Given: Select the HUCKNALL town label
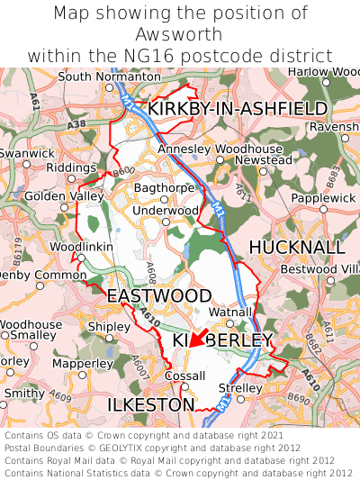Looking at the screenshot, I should pyautogui.click(x=296, y=247).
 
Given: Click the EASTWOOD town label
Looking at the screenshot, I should pyautogui.click(x=159, y=296).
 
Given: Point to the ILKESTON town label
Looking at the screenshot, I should pyautogui.click(x=150, y=406).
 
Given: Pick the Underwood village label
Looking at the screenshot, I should pyautogui.click(x=166, y=211).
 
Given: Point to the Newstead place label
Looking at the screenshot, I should pyautogui.click(x=270, y=160).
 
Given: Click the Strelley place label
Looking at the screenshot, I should pyautogui.click(x=240, y=388).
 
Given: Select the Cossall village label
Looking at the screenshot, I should pyautogui.click(x=185, y=376).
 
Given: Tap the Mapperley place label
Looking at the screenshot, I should pyautogui.click(x=83, y=364).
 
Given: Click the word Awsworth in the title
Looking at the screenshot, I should pyautogui.click(x=180, y=34).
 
